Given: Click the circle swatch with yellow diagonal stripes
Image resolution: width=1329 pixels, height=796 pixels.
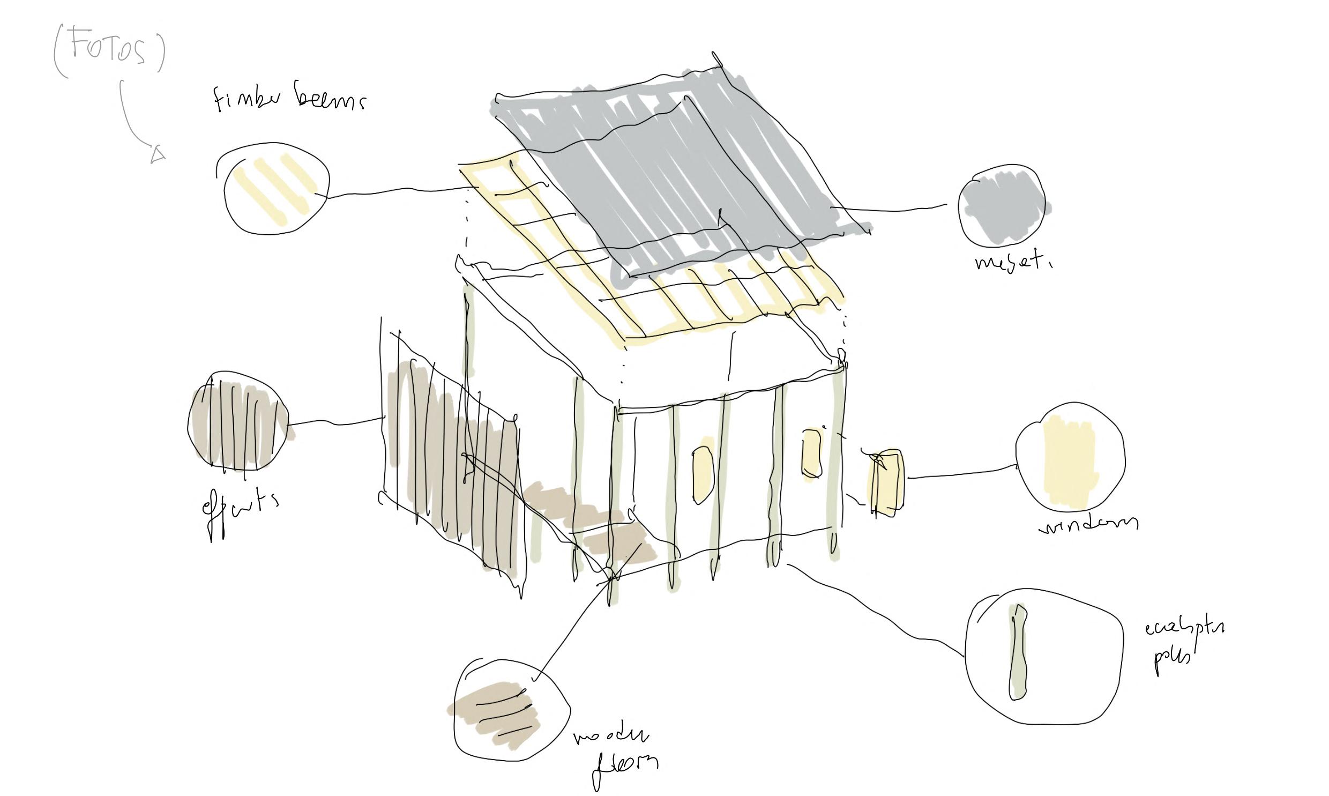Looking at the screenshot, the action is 274,189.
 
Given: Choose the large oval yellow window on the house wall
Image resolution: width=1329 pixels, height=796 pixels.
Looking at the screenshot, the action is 703,475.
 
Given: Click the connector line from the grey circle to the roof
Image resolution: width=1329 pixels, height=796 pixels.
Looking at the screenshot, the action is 890,209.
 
